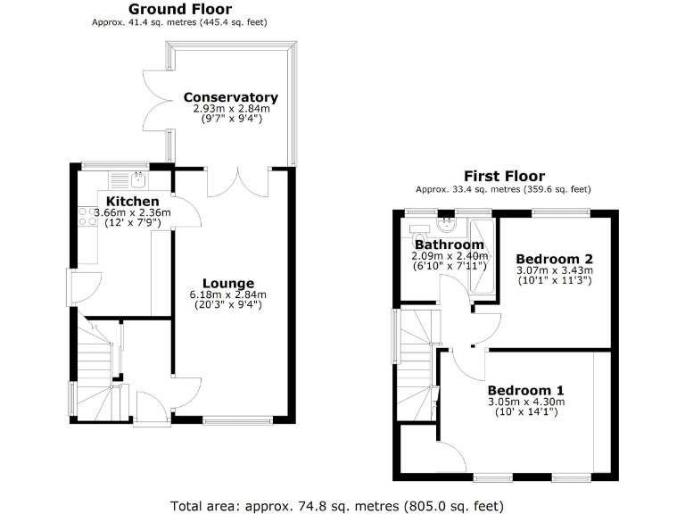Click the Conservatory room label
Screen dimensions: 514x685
pos(230,97)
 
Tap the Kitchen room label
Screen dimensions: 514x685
pos(133,202)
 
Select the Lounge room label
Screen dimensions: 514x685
pos(228,284)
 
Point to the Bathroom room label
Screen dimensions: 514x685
pos(450,245)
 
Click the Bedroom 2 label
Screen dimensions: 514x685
pos(554,259)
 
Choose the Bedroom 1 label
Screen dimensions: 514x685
pos(525,390)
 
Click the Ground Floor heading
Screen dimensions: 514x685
pos(179,10)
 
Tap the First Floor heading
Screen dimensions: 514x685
pos(504,176)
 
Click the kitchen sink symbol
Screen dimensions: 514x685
pos(138,180)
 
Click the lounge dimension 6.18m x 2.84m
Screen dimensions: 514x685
pos(228,295)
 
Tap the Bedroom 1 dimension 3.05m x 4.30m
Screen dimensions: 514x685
pos(525,402)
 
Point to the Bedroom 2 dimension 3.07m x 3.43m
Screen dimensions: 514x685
pos(554,270)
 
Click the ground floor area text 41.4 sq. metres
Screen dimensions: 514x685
pos(179,21)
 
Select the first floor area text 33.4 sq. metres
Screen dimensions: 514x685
pos(504,188)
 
